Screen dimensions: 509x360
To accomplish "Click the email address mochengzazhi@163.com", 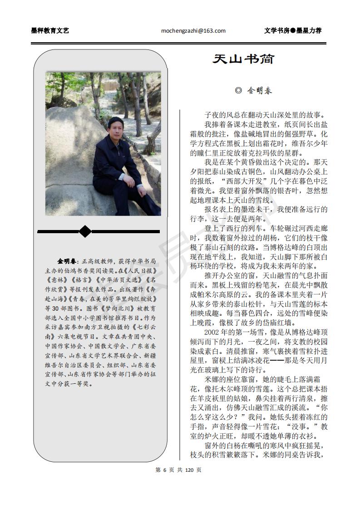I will [x=193, y=31].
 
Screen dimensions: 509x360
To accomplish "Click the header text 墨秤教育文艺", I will [x=50, y=31].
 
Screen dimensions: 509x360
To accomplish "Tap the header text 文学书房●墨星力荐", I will [x=293, y=31].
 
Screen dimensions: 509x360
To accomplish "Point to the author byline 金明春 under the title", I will [x=260, y=91].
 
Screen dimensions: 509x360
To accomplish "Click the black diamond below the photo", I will [x=85, y=231].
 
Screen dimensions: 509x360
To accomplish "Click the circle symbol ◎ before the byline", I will [x=239, y=91].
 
